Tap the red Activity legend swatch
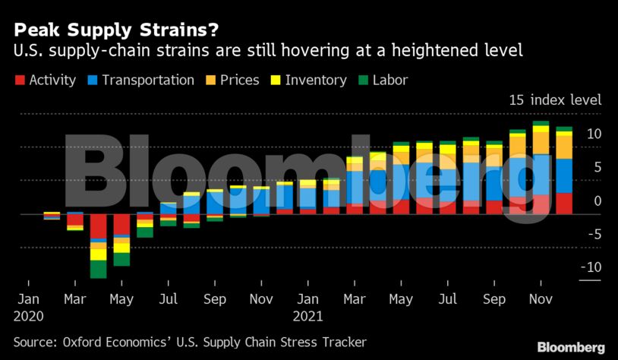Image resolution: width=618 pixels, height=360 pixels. (19, 80)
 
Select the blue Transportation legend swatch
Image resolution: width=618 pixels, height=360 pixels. (92, 80)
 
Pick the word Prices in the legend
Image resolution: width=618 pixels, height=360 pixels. (240, 80)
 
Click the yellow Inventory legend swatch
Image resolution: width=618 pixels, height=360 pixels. (275, 80)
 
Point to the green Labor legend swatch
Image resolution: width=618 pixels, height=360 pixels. (362, 80)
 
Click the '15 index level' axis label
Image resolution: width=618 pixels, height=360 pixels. (555, 100)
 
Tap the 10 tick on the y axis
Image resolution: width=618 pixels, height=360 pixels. (594, 134)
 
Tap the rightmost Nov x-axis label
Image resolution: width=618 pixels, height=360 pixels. (540, 299)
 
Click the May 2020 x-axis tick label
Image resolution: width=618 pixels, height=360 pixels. (121, 299)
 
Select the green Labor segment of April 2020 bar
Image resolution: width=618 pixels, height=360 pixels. (98, 269)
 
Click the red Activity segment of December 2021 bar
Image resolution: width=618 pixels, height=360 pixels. (564, 204)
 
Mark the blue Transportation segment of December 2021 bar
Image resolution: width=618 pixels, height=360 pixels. (564, 175)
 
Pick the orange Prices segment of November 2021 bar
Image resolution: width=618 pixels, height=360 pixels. (541, 142)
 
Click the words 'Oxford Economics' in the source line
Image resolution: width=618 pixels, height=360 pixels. (109, 342)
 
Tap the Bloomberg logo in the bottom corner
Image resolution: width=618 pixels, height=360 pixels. (571, 347)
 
